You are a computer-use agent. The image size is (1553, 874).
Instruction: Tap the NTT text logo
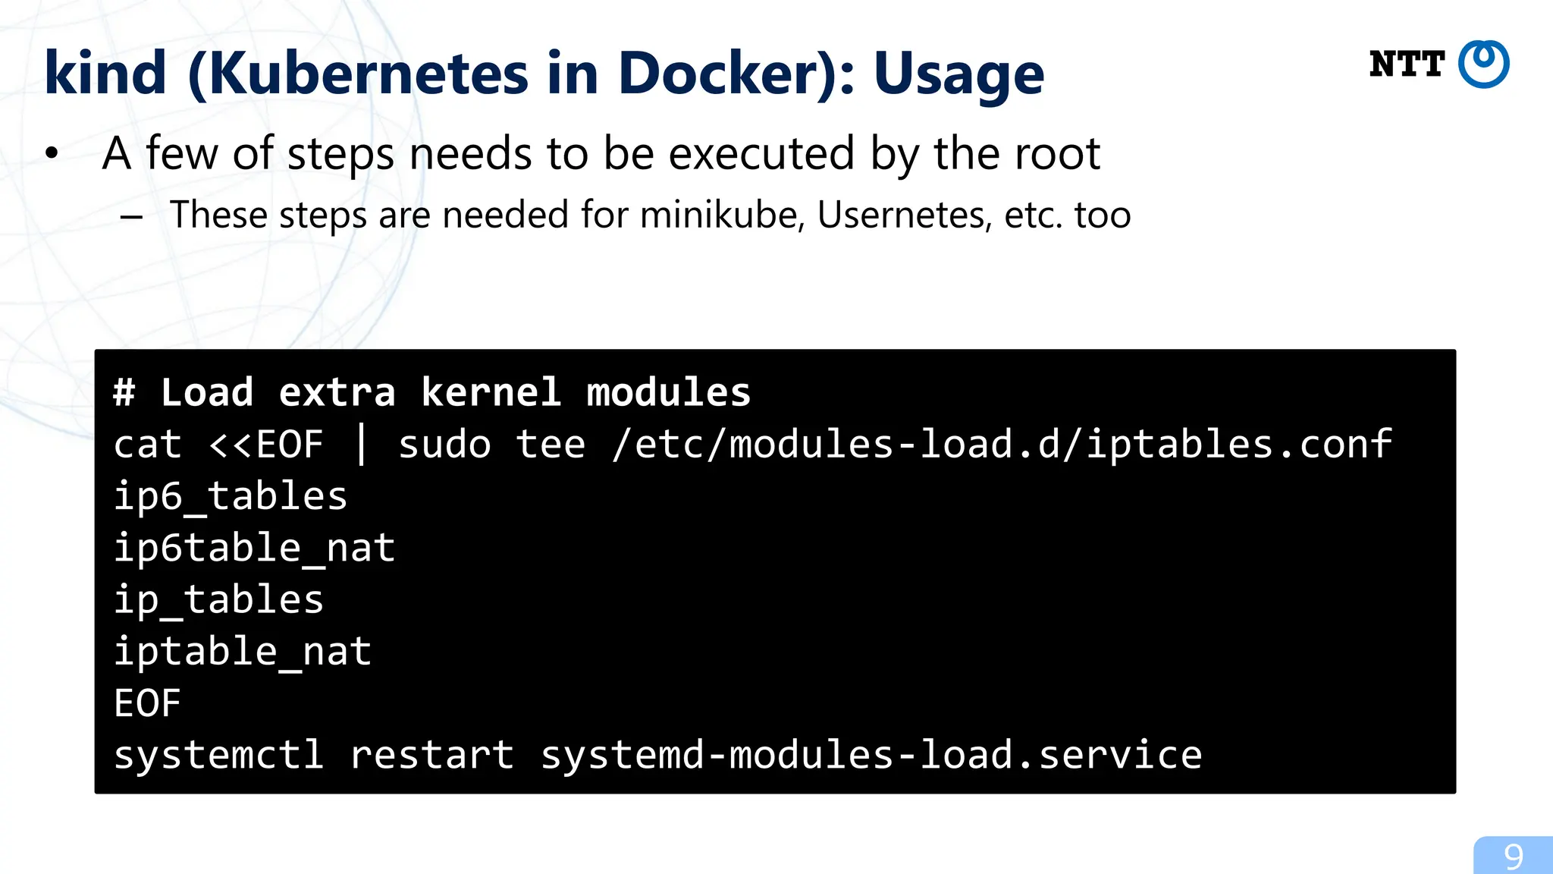pos(1407,64)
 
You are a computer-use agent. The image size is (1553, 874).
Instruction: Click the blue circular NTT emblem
pos(1484,64)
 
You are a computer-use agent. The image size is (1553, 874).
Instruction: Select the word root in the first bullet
pos(1057,154)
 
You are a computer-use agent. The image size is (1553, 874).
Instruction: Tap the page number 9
pos(1514,857)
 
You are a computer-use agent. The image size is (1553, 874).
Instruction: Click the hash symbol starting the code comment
pos(124,393)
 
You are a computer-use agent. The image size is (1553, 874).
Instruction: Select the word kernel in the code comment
pos(491,393)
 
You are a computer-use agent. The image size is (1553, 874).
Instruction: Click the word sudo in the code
pos(444,445)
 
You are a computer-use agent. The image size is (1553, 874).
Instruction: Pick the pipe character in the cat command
pos(361,445)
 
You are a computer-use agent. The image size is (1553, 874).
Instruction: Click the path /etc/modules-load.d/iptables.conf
pos(1002,445)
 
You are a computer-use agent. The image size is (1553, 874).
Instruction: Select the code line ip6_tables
pos(231,497)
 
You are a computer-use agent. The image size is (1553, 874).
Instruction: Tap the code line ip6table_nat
pos(255,549)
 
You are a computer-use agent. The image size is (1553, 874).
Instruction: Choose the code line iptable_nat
pos(243,652)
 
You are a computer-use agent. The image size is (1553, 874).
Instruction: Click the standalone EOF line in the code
pos(148,703)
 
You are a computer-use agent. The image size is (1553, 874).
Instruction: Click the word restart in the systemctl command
pos(431,756)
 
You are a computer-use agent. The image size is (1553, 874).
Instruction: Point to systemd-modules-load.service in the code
pos(871,756)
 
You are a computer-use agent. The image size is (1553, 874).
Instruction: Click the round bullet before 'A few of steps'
pos(52,154)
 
